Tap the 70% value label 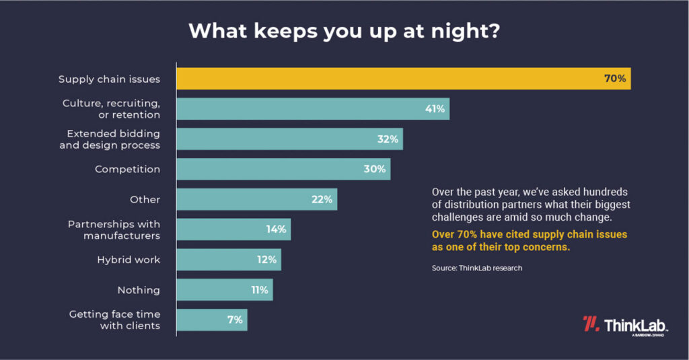tap(614, 79)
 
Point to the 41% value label tap(434, 109)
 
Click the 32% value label tap(388, 139)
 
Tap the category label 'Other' tap(145, 199)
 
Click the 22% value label tap(322, 199)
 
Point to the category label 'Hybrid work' tap(128, 260)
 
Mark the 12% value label tap(266, 260)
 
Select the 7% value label tap(234, 320)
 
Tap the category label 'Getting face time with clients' tap(114, 320)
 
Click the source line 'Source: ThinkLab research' tap(476, 268)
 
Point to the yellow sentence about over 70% tap(529, 240)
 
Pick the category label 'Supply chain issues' tap(109, 79)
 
